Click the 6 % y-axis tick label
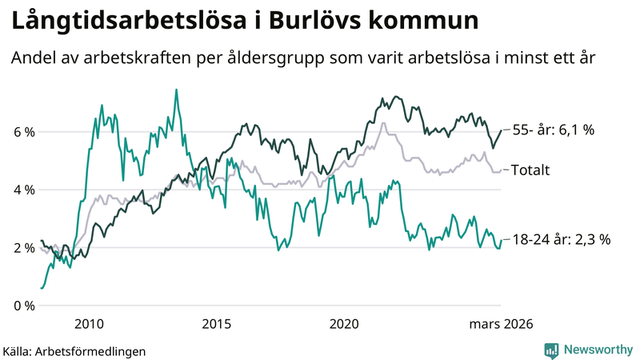pyautogui.click(x=22, y=132)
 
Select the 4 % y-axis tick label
pyautogui.click(x=22, y=190)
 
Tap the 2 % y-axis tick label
pyautogui.click(x=22, y=248)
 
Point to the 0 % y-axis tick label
pyautogui.click(x=22, y=306)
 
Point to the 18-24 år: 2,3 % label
pyautogui.click(x=561, y=239)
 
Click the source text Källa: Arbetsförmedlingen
pyautogui.click(x=74, y=350)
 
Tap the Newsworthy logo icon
pyautogui.click(x=551, y=349)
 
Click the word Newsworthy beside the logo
pyautogui.click(x=597, y=349)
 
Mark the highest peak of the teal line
pyautogui.click(x=176, y=90)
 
